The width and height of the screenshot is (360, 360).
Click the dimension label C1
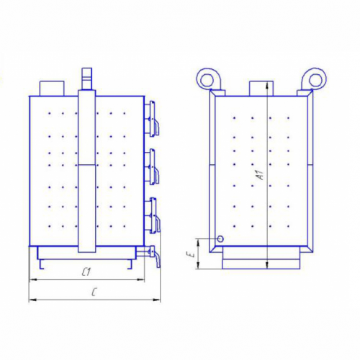point(86,272)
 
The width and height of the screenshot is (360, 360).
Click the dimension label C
point(94,292)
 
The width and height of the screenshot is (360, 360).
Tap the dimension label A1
point(260,175)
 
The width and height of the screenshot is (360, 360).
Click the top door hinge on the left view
point(152,119)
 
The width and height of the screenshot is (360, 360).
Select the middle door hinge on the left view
point(152,166)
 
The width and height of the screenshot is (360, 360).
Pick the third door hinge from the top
point(152,215)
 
